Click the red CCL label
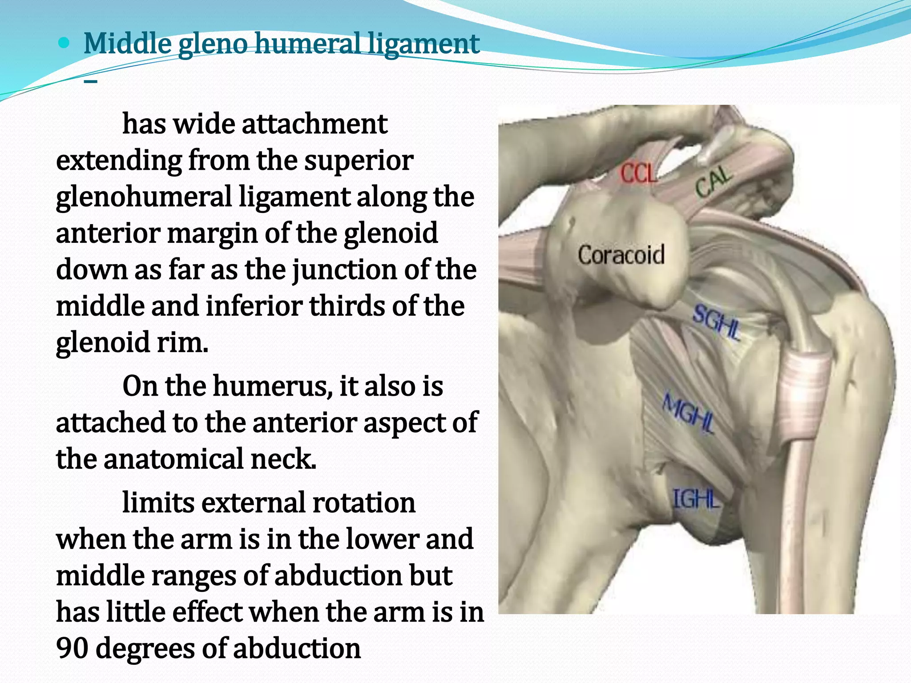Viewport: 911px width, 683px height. pos(638,173)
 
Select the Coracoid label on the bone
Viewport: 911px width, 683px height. pos(621,255)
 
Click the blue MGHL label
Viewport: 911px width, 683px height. pos(689,414)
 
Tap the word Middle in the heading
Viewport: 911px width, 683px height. pos(128,44)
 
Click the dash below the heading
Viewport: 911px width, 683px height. pos(91,81)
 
